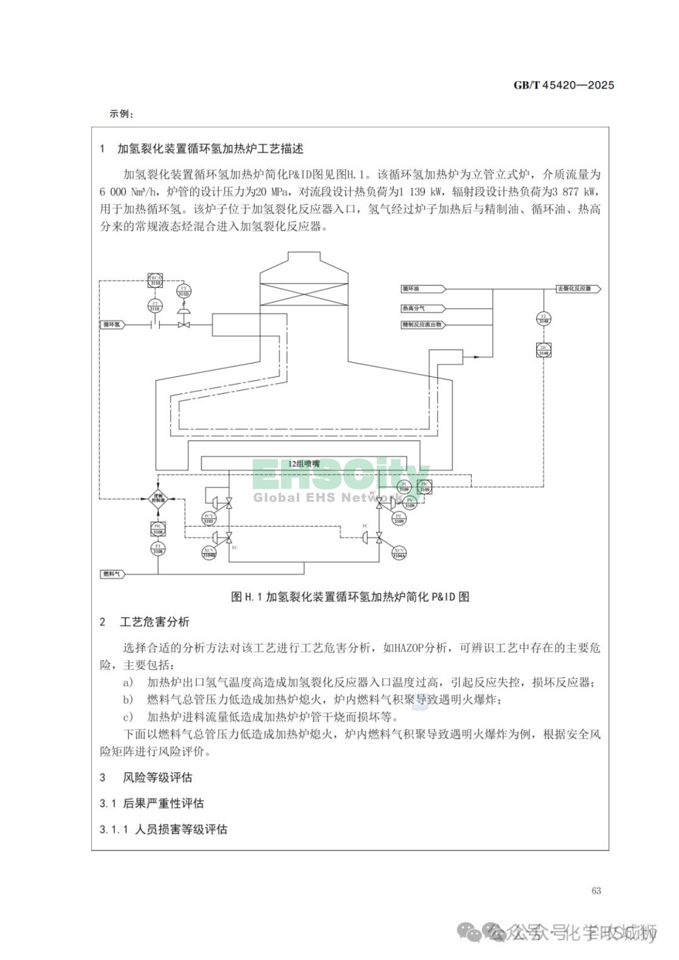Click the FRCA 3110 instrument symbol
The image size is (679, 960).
tap(155, 280)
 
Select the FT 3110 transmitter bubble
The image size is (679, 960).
tap(155, 306)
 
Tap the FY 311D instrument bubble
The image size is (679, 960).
tap(184, 290)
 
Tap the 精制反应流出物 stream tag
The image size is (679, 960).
tap(422, 325)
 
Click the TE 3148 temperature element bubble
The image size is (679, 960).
tap(544, 318)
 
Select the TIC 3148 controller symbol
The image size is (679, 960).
tap(544, 350)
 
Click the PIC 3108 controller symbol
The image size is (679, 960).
tap(158, 529)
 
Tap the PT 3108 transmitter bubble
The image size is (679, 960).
tap(158, 549)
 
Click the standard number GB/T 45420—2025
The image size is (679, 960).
tap(563, 86)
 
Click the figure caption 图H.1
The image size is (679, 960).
tap(350, 597)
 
